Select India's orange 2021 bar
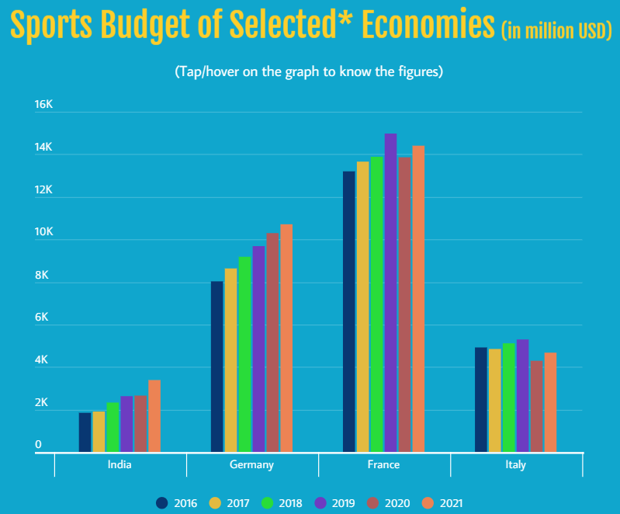tap(154, 415)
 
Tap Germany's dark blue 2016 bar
tap(216, 366)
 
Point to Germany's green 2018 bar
tap(244, 353)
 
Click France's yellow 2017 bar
tap(362, 306)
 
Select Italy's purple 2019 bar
tap(522, 395)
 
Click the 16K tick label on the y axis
tap(43, 105)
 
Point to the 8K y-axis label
tap(42, 276)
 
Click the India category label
tap(119, 465)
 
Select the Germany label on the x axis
tap(251, 465)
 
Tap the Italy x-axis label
tap(515, 465)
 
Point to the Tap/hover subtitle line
tap(309, 72)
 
